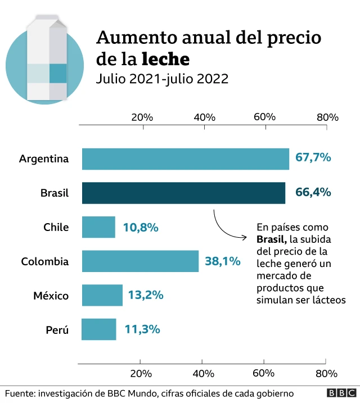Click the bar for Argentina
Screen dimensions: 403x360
pos(185,159)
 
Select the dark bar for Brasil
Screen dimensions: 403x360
pos(183,193)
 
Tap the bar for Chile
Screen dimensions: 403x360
pos(98,227)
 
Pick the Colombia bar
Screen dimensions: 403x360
pos(140,261)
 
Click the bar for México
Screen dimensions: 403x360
pos(102,295)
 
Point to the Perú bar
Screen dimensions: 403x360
pos(99,329)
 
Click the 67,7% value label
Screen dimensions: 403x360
pos(313,157)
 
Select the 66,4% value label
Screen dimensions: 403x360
pos(313,193)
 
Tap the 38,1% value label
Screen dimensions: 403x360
pos(223,261)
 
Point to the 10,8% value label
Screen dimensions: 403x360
pos(140,227)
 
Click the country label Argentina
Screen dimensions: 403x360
pos(44,159)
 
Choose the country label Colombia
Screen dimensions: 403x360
pos(45,261)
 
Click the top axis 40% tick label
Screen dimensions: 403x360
pos(204,117)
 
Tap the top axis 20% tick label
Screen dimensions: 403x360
pos(142,117)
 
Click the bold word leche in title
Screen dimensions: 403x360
pos(165,58)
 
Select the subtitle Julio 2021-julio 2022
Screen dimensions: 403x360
pos(162,79)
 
